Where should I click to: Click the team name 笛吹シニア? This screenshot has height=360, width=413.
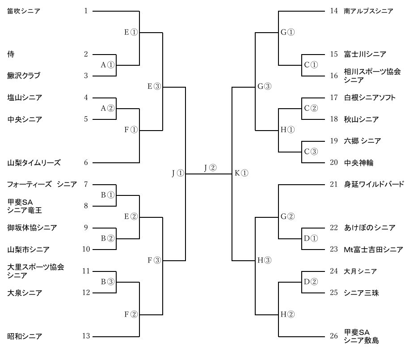tap(24, 11)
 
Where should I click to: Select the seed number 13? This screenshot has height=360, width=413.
tap(86, 336)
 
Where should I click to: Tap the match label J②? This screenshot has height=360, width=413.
tap(210, 168)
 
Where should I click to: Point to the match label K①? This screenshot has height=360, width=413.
tap(241, 174)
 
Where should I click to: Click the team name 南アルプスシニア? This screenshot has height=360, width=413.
tap(368, 11)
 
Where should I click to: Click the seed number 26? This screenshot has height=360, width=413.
tap(333, 336)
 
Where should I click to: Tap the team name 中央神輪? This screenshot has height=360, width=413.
tap(358, 163)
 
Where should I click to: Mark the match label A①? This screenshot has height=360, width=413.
tap(108, 65)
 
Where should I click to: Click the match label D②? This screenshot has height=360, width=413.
tap(310, 282)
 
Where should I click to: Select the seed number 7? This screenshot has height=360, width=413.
tap(86, 184)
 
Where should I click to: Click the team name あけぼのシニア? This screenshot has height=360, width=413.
tap(370, 228)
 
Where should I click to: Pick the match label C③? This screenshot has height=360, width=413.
tap(310, 152)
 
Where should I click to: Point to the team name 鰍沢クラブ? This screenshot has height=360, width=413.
tap(24, 76)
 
